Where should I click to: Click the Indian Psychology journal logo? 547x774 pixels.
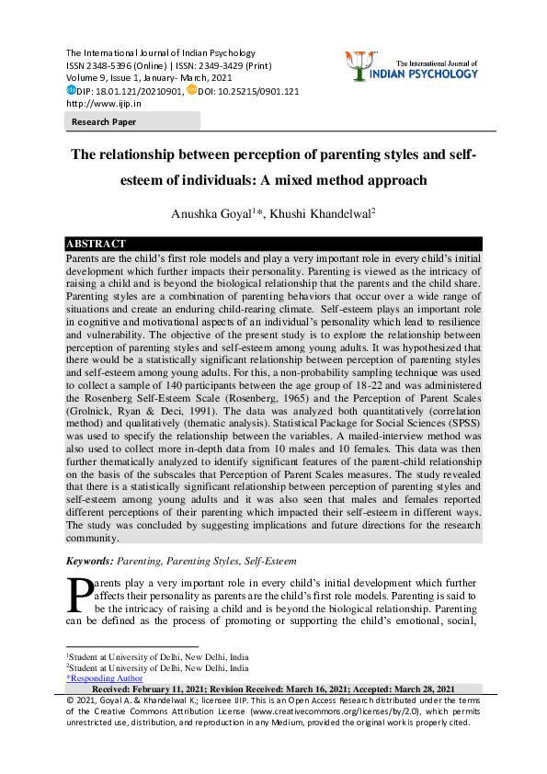[x=411, y=65]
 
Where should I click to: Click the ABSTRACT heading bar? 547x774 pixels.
[x=96, y=244]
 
